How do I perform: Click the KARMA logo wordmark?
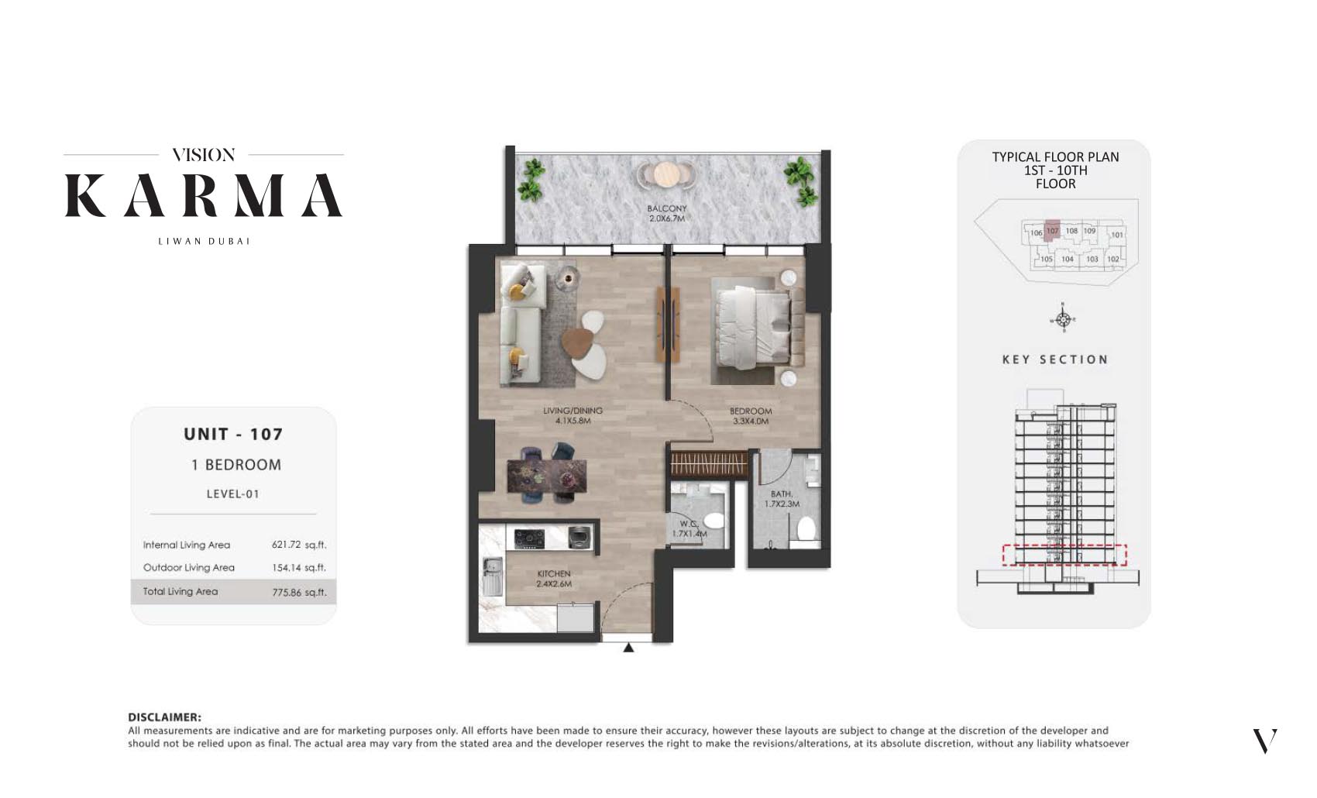click(x=203, y=195)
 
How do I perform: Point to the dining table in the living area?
click(x=546, y=474)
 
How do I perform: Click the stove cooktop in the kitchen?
click(x=531, y=536)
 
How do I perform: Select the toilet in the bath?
click(x=806, y=529)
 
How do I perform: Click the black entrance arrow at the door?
click(x=628, y=648)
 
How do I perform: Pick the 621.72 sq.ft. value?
click(x=298, y=545)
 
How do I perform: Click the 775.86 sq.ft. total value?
click(x=298, y=592)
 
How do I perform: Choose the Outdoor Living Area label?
click(x=188, y=568)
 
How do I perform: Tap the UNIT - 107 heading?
click(x=233, y=435)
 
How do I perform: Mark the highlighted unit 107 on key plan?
click(x=1052, y=231)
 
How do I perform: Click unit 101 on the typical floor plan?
click(x=1116, y=235)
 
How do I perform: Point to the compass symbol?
click(x=1062, y=319)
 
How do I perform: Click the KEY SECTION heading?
click(x=1055, y=359)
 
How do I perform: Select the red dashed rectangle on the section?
click(x=1064, y=555)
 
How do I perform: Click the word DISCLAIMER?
click(x=164, y=717)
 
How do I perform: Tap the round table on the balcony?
click(x=665, y=174)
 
